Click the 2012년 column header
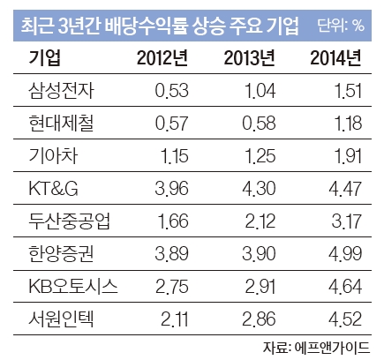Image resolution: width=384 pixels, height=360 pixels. click(162, 58)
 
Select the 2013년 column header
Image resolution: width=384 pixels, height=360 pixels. click(249, 58)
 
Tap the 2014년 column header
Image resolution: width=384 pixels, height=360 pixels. click(335, 58)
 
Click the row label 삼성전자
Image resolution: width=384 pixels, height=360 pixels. click(62, 90)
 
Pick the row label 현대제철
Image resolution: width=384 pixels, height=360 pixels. click(62, 123)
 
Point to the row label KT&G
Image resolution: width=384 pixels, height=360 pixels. click(53, 188)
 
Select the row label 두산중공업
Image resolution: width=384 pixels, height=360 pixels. click(70, 221)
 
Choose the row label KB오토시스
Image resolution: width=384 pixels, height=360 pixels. click(73, 286)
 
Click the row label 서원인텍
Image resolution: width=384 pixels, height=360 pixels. click(62, 319)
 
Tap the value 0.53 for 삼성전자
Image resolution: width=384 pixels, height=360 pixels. click(172, 91)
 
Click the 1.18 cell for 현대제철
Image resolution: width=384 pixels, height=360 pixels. click(349, 124)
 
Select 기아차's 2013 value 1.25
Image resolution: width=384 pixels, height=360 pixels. click(260, 156)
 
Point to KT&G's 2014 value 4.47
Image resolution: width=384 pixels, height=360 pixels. click(345, 189)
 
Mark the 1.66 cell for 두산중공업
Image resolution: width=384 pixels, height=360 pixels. click(173, 221)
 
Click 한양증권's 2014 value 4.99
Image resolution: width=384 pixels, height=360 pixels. click(345, 254)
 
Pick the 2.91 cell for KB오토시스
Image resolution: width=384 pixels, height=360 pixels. click(260, 287)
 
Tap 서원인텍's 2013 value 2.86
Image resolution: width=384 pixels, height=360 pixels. click(259, 319)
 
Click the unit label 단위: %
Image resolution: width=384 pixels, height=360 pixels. click(341, 26)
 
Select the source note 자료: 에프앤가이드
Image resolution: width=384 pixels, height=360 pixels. click(316, 348)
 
